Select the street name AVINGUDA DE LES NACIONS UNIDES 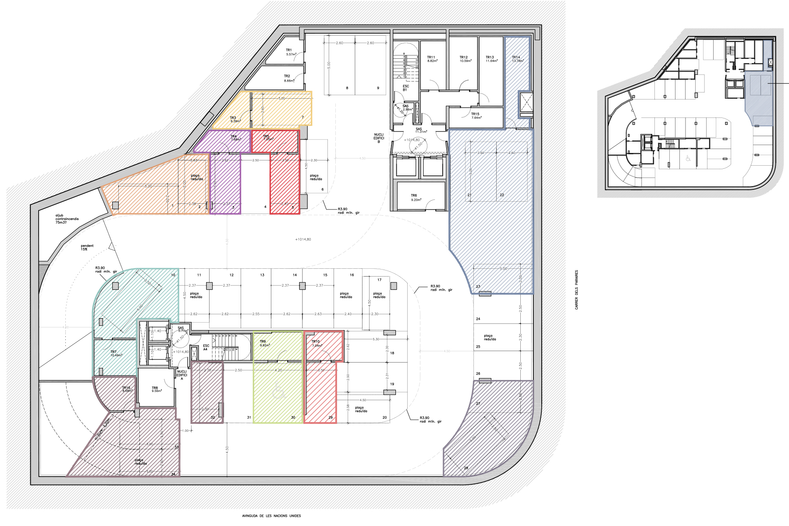pos(271,516)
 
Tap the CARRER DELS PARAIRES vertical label pos(577,290)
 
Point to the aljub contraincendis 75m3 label pos(67,219)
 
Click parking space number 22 pos(502,195)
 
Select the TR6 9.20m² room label pos(416,198)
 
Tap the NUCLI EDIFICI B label pos(379,138)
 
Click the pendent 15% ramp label pos(87,247)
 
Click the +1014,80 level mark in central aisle pos(303,239)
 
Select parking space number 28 pos(466,468)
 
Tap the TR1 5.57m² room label pos(291,52)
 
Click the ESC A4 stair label pos(206,348)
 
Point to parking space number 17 pos(379,280)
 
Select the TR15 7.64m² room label pos(476,116)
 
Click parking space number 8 pos(347,88)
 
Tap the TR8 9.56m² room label pos(156,389)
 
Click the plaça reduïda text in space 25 pos(490,338)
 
